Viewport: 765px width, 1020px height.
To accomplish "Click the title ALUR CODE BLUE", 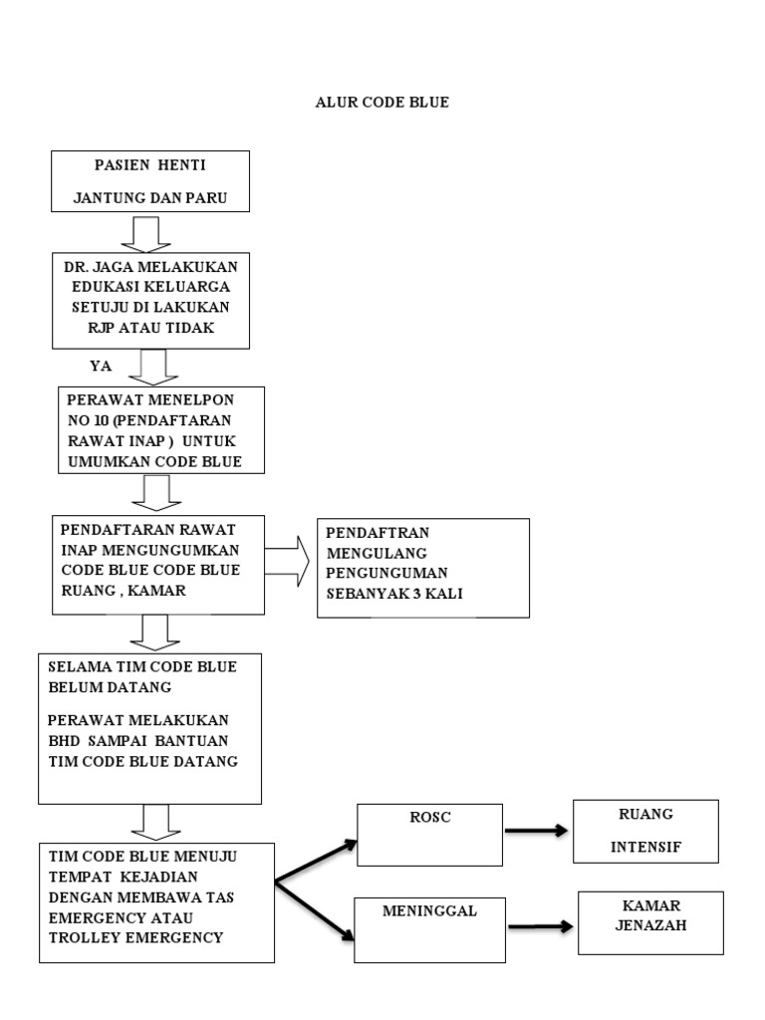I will tap(382, 103).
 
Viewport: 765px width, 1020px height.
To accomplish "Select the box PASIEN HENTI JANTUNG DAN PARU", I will tap(150, 180).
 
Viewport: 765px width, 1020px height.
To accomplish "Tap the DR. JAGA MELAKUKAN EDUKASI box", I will tap(150, 300).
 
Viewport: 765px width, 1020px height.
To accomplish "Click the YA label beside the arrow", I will tap(101, 366).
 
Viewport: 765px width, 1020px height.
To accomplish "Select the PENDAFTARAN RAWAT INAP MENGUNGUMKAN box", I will tap(158, 564).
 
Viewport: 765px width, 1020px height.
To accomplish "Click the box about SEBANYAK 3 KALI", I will tap(422, 568).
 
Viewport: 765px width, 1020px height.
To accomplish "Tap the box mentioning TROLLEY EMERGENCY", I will tap(156, 902).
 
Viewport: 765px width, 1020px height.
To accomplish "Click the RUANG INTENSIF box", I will tap(644, 831).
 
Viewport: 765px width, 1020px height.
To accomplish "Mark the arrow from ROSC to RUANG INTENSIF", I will tap(537, 830).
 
